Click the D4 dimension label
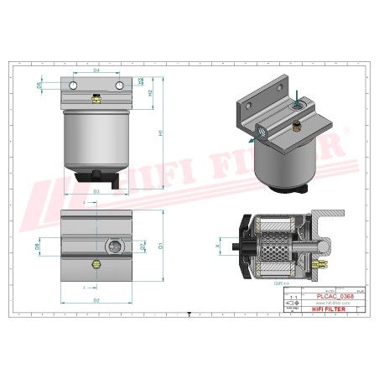(x=96, y=70)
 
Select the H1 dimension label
(x=161, y=132)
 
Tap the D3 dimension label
(x=96, y=192)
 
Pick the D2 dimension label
(x=96, y=299)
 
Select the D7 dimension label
(x=142, y=247)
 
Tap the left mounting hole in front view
(x=74, y=86)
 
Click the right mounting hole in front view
(x=119, y=86)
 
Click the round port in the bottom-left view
(x=114, y=247)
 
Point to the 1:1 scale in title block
(x=293, y=297)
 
